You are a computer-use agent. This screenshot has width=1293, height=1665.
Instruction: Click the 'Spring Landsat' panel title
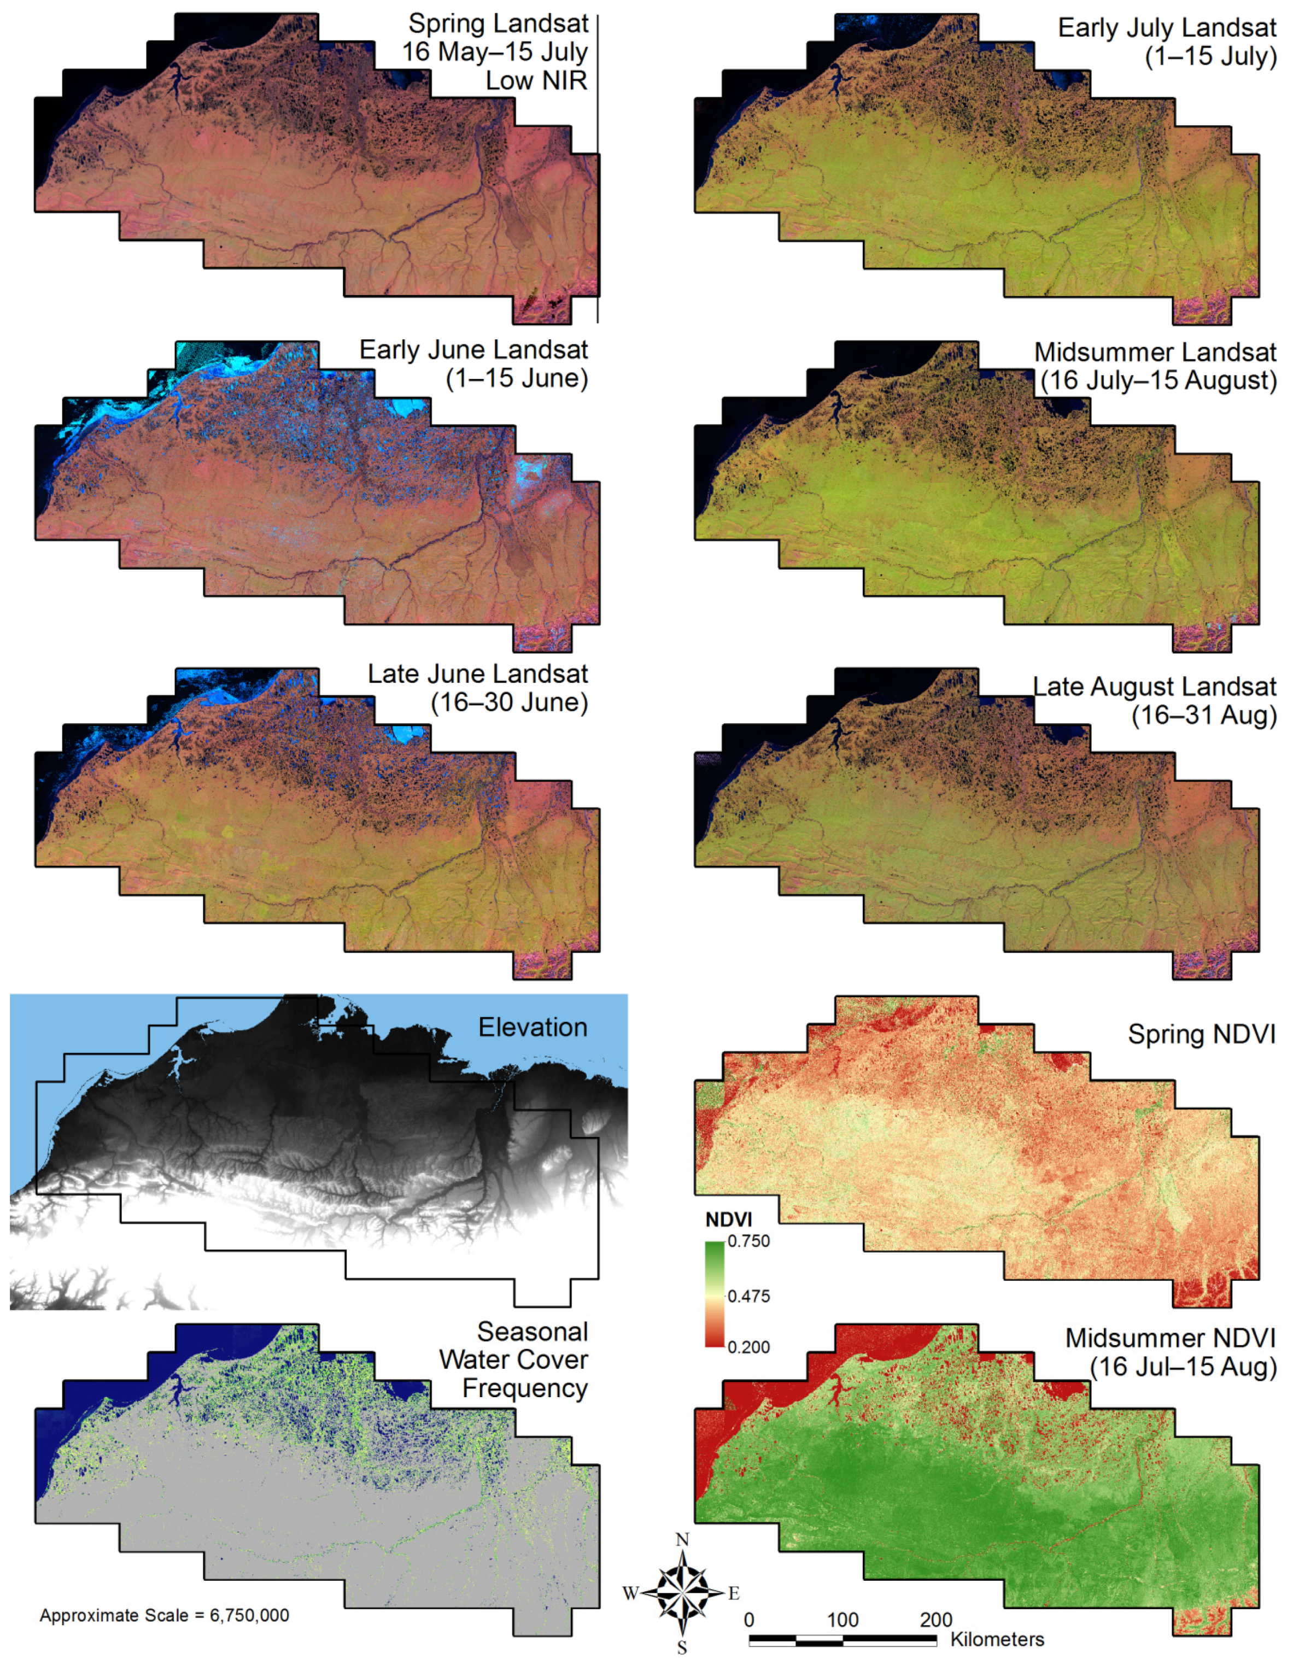click(498, 24)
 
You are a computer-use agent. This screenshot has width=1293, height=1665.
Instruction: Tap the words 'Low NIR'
click(537, 80)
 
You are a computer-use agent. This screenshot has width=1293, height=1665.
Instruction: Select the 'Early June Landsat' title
click(473, 350)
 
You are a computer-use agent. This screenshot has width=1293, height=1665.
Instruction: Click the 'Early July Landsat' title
click(1167, 28)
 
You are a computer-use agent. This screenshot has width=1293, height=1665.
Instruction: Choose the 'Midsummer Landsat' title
click(1155, 352)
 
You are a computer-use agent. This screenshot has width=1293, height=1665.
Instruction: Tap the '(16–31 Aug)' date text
click(1204, 715)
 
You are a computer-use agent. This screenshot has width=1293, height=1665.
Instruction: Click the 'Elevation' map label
click(532, 1027)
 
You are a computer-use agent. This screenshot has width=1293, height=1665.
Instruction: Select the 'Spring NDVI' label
click(1202, 1035)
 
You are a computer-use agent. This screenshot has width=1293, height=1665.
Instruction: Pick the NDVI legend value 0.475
click(748, 1296)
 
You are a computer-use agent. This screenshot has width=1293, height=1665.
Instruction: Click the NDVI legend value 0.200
click(748, 1347)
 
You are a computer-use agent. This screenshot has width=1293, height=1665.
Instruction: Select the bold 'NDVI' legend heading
click(728, 1220)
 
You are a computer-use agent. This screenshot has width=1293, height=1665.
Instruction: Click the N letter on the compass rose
click(682, 1539)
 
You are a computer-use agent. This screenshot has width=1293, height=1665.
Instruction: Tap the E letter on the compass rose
click(733, 1593)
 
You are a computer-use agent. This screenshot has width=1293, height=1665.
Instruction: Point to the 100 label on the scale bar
click(843, 1619)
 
